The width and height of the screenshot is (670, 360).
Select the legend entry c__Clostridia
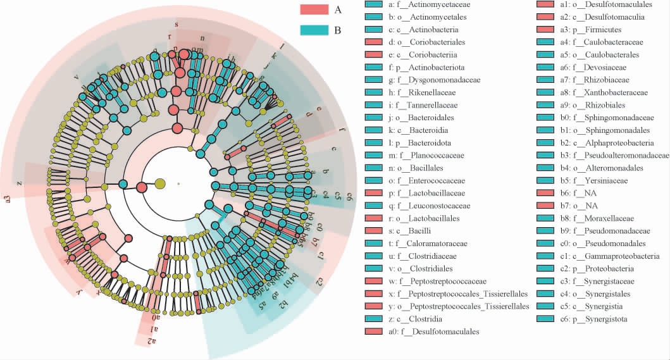[420, 318]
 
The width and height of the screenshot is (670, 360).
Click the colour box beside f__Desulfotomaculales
[374, 331]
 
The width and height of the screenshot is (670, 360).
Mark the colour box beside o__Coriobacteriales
[374, 42]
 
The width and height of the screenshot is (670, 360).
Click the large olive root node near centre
[159, 183]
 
